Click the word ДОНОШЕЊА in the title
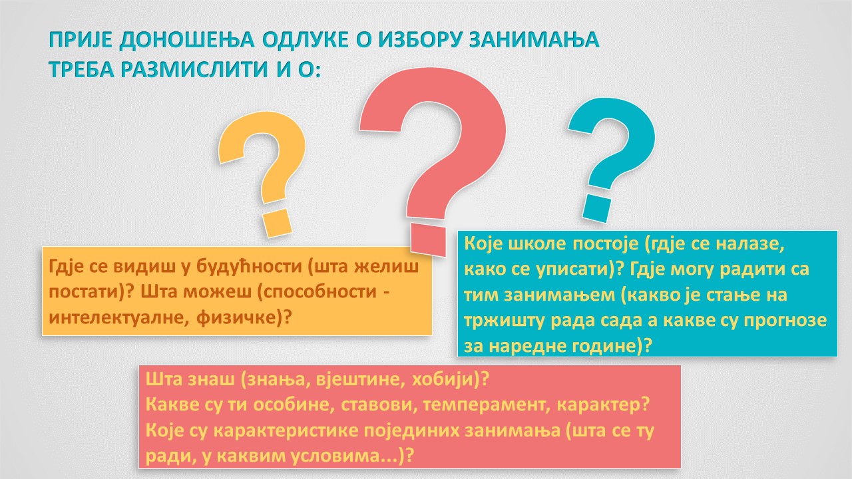click(x=187, y=40)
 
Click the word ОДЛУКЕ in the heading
click(x=306, y=40)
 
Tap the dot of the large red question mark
click(x=428, y=240)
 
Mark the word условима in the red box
click(x=337, y=456)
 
